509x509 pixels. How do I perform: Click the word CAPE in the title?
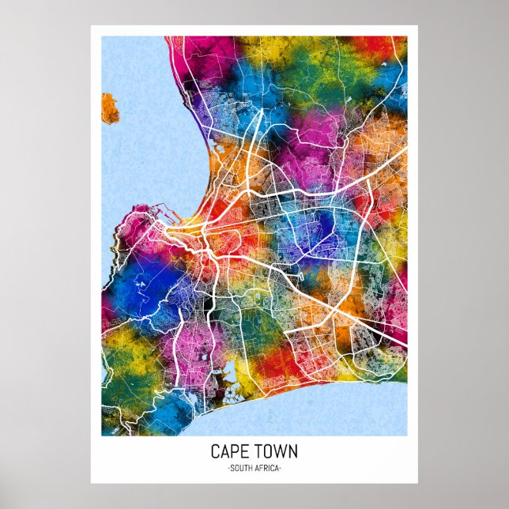pos(230,452)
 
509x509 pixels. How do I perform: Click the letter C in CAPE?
pos(215,452)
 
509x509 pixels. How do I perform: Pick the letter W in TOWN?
pos(278,452)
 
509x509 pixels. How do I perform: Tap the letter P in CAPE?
pos(236,452)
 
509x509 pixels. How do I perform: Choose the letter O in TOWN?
pos(266,452)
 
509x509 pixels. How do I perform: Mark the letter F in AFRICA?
pos(261,469)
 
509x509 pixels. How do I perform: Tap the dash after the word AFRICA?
pos(281,469)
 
